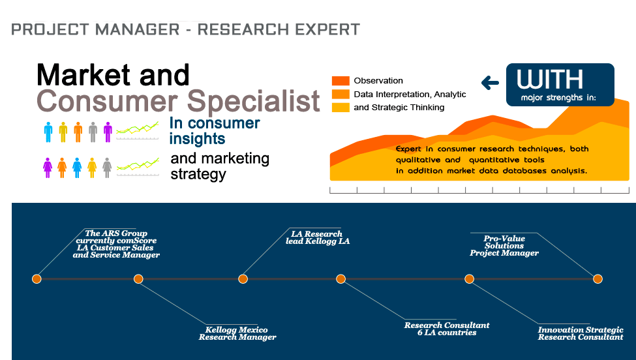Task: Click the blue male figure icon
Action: (x=48, y=132)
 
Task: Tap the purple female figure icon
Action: (x=48, y=167)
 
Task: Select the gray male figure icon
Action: (x=93, y=132)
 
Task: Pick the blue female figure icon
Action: (x=77, y=167)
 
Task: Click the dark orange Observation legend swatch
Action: (x=341, y=81)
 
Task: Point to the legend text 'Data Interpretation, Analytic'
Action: (x=410, y=94)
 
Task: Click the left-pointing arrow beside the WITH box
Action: (x=490, y=83)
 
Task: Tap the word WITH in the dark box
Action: (x=549, y=79)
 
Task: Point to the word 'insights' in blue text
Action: (x=197, y=138)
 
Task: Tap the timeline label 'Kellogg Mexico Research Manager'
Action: (x=237, y=333)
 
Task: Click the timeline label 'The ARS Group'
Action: (x=116, y=233)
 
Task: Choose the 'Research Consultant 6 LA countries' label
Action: (x=446, y=329)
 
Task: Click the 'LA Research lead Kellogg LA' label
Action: (x=318, y=237)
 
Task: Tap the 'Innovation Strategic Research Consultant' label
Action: (x=580, y=333)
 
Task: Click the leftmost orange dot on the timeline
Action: (x=37, y=278)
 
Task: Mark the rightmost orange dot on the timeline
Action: (x=597, y=278)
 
